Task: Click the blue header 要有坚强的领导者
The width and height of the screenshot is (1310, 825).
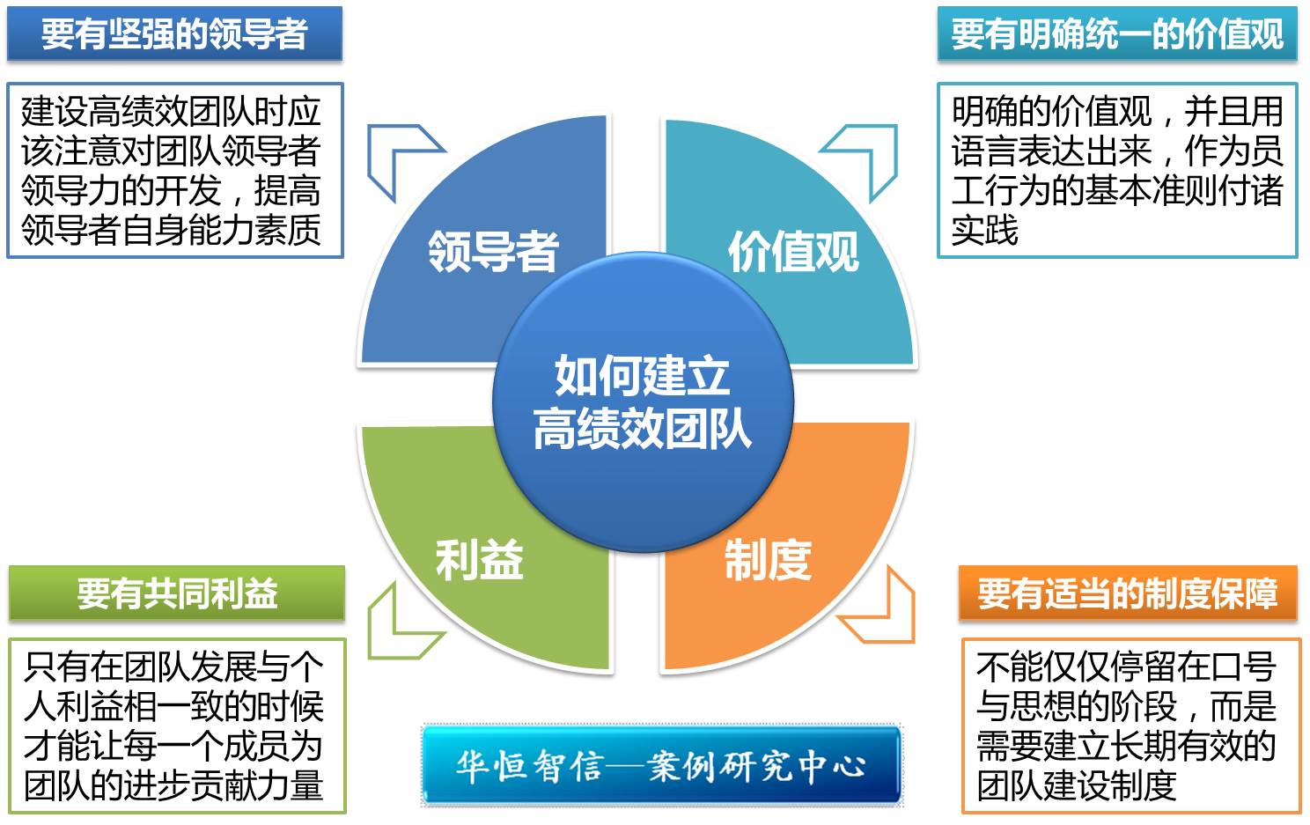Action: pos(174,33)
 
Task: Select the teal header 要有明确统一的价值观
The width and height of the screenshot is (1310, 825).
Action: pos(1117,33)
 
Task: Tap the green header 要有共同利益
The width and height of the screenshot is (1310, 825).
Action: pos(177,593)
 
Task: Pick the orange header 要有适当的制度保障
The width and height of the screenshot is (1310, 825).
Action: pos(1128,593)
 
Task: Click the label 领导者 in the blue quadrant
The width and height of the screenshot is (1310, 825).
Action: pos(494,252)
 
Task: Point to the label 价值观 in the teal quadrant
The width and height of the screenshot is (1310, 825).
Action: pos(793,252)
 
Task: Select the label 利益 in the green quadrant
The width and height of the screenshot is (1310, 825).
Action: pos(480,560)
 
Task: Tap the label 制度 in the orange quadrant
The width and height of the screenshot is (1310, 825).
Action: pos(768,560)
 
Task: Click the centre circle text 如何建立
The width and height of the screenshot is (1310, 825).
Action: pos(642,376)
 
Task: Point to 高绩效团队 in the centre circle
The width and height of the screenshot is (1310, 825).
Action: pos(642,429)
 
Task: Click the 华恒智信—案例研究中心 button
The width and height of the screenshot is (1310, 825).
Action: pos(661,765)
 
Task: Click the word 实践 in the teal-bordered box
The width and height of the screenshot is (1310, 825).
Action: pos(985,230)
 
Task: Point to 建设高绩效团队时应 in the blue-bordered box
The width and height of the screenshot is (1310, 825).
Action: pos(171,111)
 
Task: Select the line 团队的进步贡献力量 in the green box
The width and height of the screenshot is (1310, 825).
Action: pos(173,785)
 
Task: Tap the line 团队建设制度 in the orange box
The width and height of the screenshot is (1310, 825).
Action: pos(1077,785)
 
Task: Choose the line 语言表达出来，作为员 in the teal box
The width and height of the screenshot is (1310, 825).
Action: pos(1117,151)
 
